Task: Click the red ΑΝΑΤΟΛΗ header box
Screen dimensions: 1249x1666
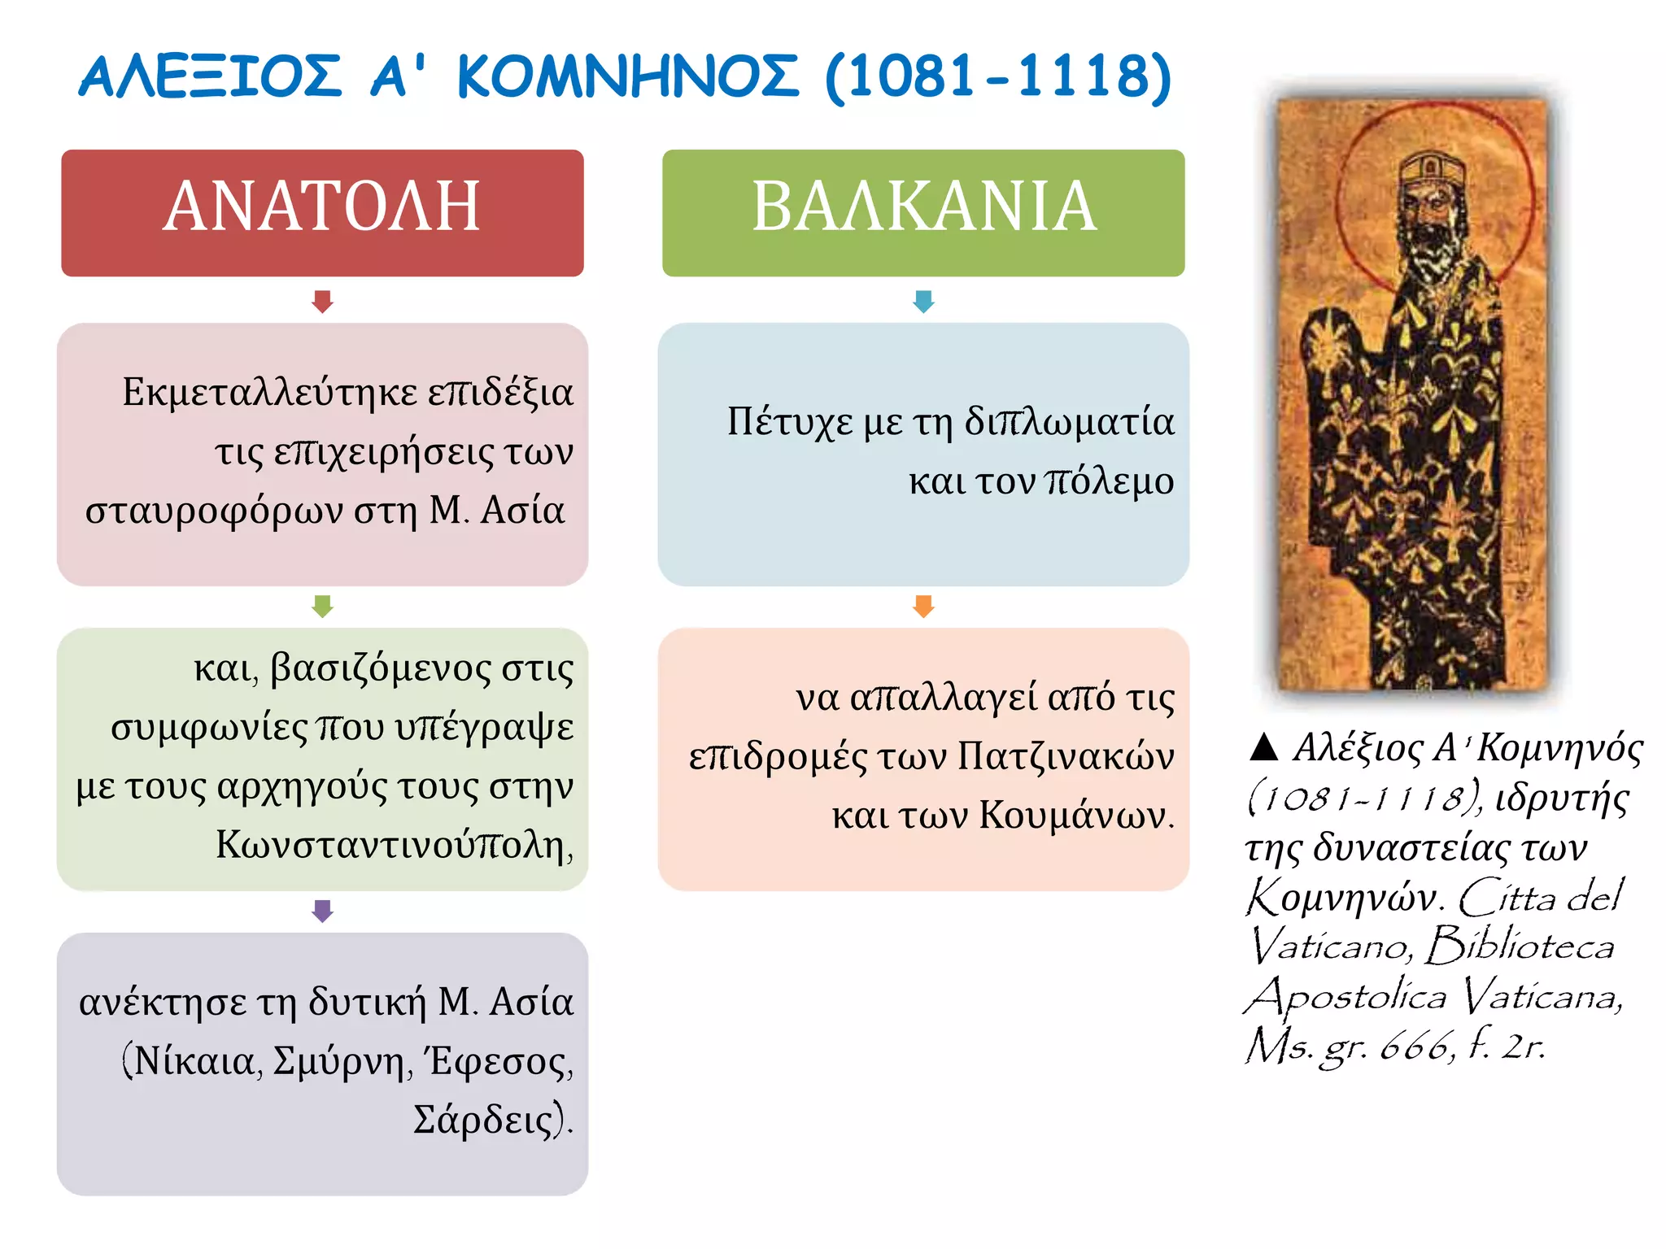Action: tap(322, 212)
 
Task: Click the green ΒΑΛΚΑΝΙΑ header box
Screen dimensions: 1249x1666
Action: tap(923, 212)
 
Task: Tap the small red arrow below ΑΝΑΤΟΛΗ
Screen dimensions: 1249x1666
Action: tap(322, 302)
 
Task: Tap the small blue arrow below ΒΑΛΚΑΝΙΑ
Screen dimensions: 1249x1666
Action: tap(923, 302)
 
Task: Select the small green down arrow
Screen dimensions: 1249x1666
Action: tap(322, 607)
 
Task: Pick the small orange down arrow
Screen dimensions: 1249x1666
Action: tap(923, 607)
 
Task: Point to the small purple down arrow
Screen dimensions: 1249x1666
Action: tap(322, 911)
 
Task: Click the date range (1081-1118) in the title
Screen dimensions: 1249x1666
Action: tap(998, 77)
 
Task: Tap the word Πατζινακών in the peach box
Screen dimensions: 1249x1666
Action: tap(1066, 756)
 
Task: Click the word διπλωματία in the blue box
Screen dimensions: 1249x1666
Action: tap(1070, 422)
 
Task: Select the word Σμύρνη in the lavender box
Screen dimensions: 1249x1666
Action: tap(338, 1061)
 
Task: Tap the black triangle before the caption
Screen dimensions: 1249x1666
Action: tap(1264, 746)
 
